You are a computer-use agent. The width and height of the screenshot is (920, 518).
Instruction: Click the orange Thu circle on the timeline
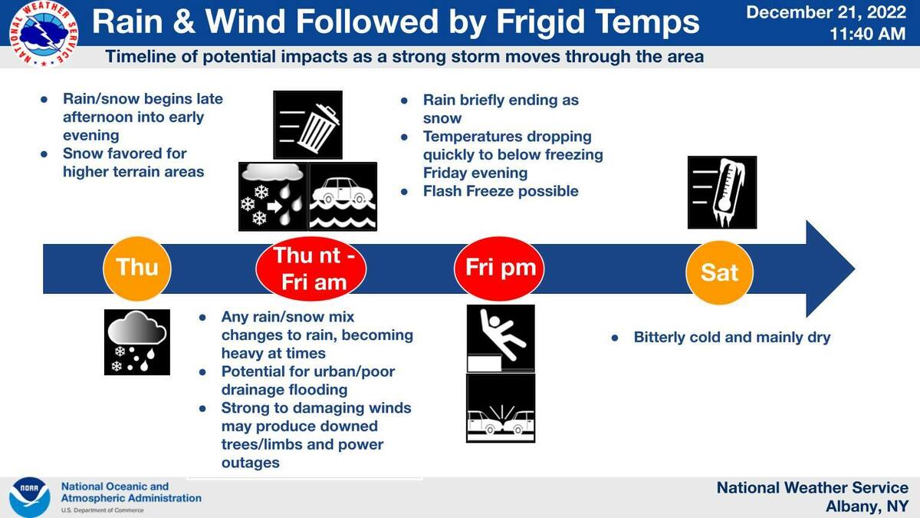[136, 269]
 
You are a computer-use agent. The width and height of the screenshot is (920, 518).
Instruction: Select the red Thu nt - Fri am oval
[311, 269]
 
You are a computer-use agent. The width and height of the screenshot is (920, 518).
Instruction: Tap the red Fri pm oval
[499, 269]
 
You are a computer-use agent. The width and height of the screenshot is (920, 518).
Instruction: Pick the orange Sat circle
[720, 272]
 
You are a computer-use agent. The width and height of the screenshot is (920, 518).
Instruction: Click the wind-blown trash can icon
[307, 125]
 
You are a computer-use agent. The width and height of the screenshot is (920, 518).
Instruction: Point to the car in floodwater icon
[343, 196]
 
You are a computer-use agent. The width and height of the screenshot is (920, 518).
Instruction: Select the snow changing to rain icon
[273, 196]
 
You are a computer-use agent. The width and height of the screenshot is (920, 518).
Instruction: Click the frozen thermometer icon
[722, 192]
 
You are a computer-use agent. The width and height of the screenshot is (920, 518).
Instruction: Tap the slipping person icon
[501, 338]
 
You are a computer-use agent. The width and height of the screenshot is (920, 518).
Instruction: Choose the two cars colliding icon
[501, 408]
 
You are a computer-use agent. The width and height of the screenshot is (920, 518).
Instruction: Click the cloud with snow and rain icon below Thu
[136, 342]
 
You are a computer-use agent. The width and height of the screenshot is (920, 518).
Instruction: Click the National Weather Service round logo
[43, 34]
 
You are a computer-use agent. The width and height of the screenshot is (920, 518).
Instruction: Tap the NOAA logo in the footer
[30, 497]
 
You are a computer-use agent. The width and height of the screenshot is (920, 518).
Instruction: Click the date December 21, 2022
[826, 12]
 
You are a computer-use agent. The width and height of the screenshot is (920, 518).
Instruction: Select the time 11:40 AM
[868, 34]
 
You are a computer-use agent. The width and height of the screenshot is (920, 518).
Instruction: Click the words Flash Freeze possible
[501, 191]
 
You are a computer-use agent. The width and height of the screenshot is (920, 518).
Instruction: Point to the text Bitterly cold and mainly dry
[732, 337]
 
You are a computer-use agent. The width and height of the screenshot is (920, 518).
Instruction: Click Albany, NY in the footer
[867, 506]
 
